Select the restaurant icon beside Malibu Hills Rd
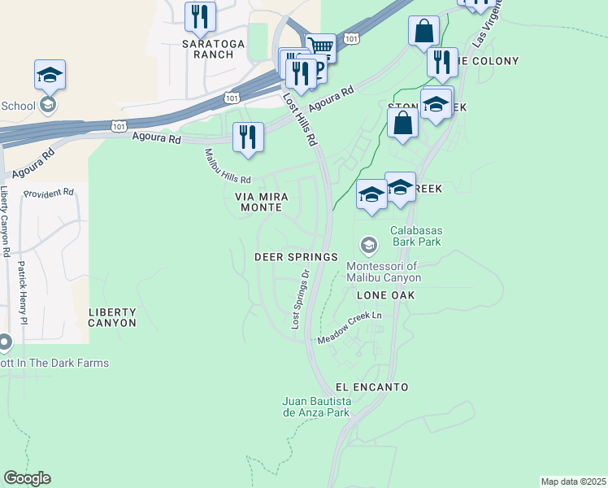(248, 137)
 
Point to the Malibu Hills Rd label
(228, 166)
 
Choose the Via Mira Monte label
(258, 202)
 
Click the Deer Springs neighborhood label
(296, 256)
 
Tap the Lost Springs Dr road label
(300, 299)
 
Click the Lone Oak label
(384, 296)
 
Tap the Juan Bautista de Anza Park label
(316, 407)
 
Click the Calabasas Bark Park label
(416, 236)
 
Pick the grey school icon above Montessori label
(368, 245)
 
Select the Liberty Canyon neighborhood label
(112, 317)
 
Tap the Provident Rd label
(49, 194)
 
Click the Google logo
(27, 478)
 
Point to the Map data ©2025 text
(573, 481)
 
